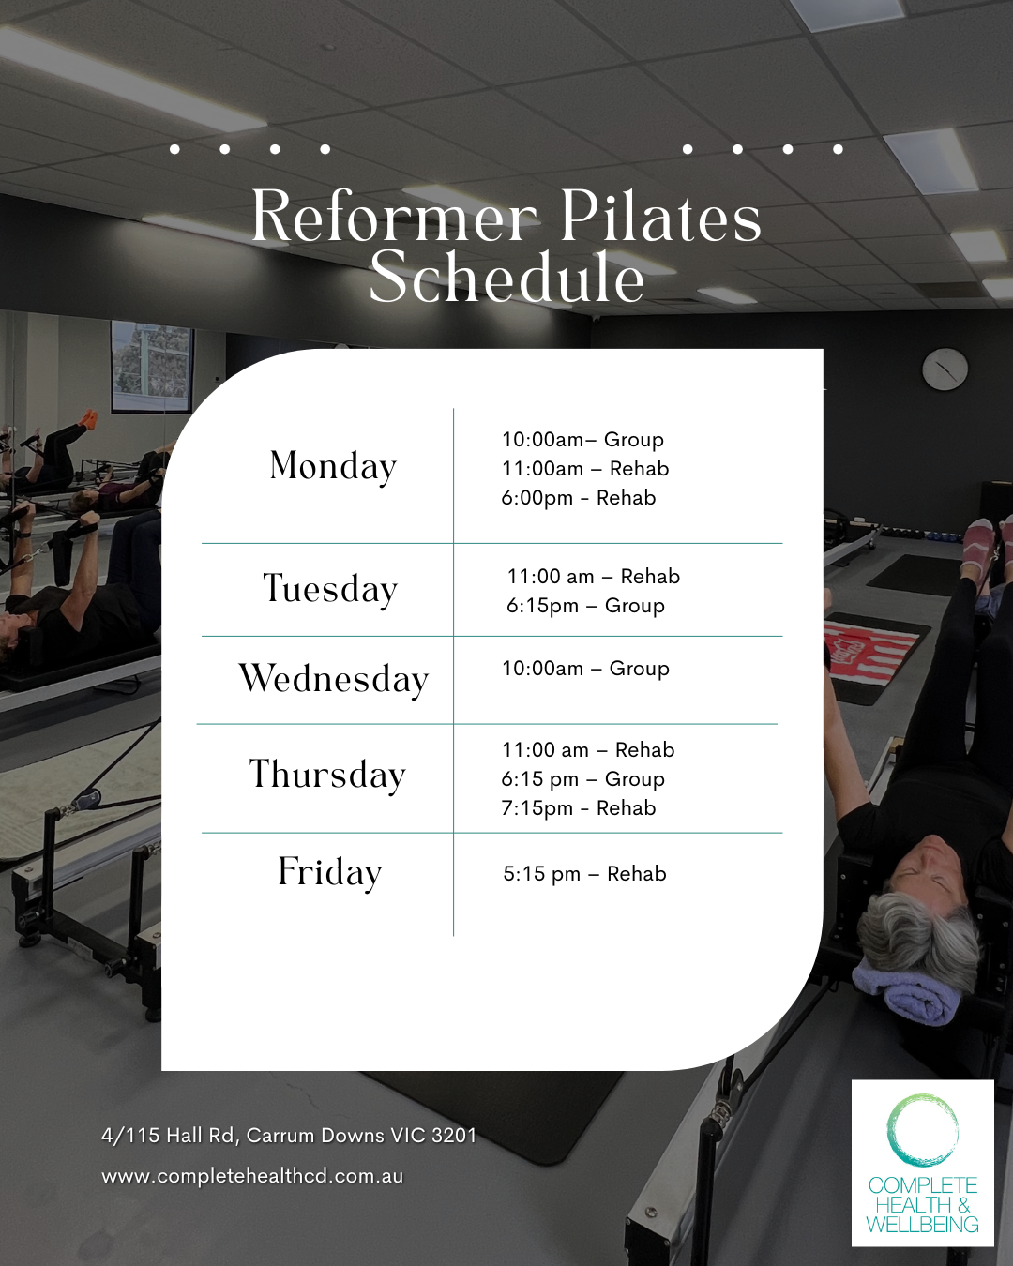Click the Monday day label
(x=333, y=467)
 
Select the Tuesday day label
(x=330, y=589)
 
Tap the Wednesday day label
(x=333, y=680)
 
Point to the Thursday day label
(x=328, y=775)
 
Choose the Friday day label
(x=329, y=873)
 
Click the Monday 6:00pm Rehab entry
(x=579, y=498)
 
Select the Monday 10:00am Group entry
(x=582, y=440)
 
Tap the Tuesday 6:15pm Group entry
(x=585, y=606)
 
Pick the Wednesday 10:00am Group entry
(x=585, y=669)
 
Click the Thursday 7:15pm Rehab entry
(x=579, y=809)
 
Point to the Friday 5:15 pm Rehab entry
(x=584, y=874)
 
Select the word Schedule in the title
(x=506, y=277)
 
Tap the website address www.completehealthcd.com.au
(x=252, y=1177)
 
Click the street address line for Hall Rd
(x=288, y=1136)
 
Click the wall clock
(x=945, y=369)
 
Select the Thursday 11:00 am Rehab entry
(x=588, y=750)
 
